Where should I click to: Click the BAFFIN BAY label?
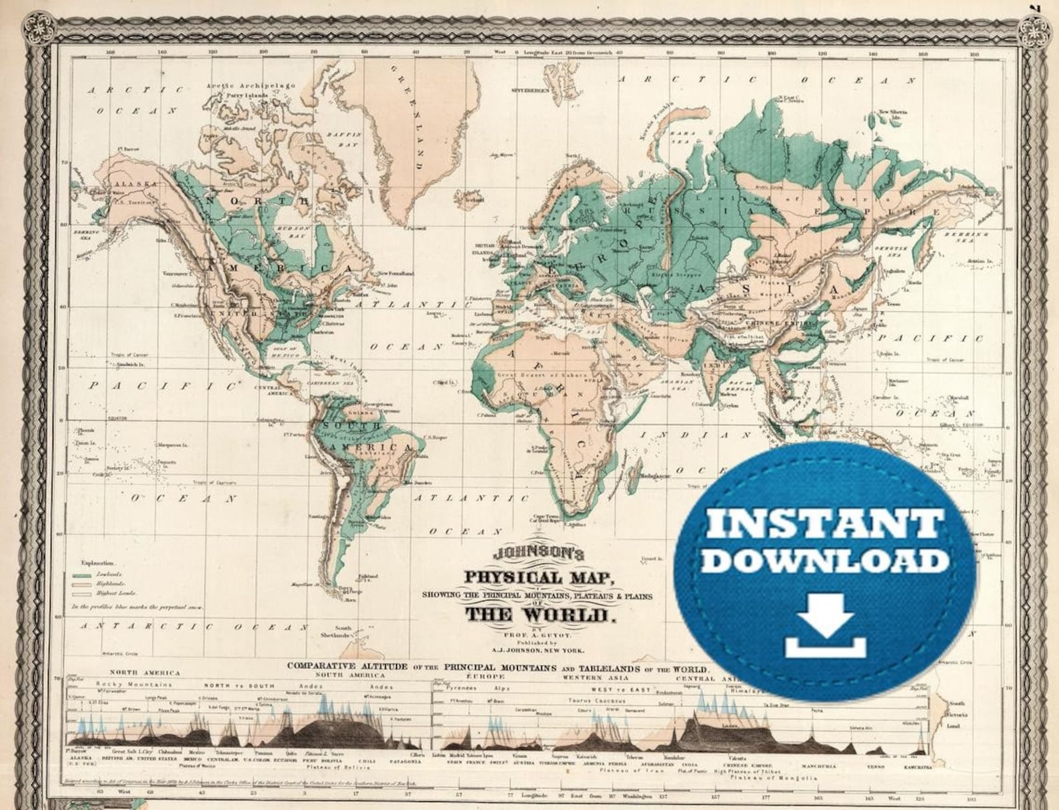point(346,138)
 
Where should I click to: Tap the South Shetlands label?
point(342,631)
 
